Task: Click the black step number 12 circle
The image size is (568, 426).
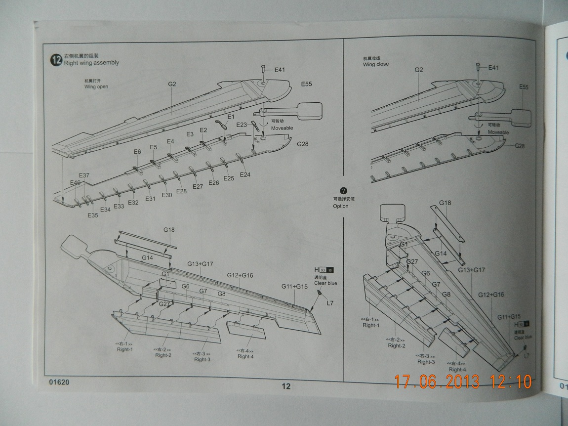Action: coord(56,60)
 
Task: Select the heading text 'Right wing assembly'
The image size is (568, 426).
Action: coord(90,63)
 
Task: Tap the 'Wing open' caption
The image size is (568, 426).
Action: coord(96,86)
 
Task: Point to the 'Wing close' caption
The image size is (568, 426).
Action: coord(375,64)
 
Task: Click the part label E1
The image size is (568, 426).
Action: coord(231,117)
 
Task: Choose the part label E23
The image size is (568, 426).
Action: coord(242,125)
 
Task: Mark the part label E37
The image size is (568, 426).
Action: coord(84,175)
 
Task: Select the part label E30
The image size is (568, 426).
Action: coord(166,195)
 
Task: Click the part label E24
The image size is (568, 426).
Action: coord(245,174)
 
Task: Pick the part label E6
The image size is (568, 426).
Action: coord(137,152)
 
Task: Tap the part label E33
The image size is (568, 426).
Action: coord(119,206)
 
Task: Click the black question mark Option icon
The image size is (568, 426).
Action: coord(344,191)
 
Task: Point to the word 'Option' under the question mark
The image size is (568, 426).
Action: coord(341,206)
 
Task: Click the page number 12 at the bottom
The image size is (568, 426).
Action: coord(286,386)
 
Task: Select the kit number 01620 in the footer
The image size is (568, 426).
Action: coord(59,382)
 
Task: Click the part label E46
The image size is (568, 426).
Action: coord(75,182)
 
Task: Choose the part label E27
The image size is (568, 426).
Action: coord(198,187)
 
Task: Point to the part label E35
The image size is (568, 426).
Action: coord(93,215)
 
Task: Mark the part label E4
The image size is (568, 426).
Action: coord(170,141)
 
